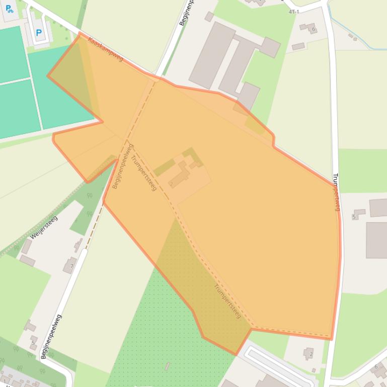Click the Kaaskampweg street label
tap(105, 49)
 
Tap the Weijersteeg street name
tap(43, 227)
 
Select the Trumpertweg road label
tap(337, 192)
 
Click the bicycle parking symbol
tap(9, 9)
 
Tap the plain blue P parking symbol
tap(39, 34)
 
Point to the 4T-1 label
tap(294, 12)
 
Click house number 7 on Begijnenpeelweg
tap(72, 266)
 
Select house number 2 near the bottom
tap(311, 354)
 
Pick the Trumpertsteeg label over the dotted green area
tap(227, 301)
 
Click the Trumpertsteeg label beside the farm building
tap(144, 173)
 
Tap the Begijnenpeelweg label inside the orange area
tap(123, 166)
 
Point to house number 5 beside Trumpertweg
tap(354, 217)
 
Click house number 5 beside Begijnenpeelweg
tap(33, 344)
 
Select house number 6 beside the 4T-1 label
tap(313, 29)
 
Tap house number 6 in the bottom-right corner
tap(376, 367)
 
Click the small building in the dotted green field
tap(168, 366)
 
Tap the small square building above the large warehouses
tap(209, 17)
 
